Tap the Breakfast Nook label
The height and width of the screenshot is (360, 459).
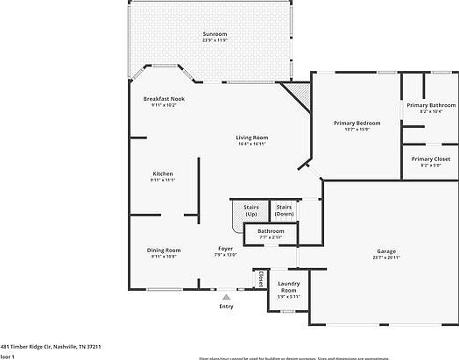tap(164, 98)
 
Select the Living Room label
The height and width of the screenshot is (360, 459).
tap(251, 138)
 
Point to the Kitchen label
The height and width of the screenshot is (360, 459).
tap(163, 173)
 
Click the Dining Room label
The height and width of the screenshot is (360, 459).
tap(164, 251)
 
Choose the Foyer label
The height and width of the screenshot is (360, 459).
tap(225, 250)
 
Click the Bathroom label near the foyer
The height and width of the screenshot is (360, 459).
tap(271, 231)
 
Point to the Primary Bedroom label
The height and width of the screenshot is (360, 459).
tap(357, 124)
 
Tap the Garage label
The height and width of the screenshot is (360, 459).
tap(385, 251)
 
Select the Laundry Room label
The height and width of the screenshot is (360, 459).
tap(289, 286)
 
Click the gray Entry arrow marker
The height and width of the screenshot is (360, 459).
tap(226, 297)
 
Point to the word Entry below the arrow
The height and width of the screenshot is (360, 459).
tap(226, 307)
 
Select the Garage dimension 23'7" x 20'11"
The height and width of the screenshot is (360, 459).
tap(385, 258)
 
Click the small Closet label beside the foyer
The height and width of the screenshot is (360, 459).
tap(261, 279)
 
